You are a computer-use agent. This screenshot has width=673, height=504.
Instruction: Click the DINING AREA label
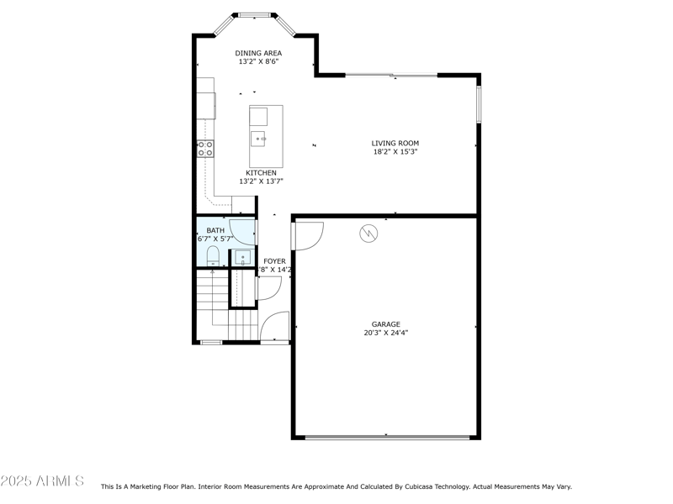[x=258, y=53]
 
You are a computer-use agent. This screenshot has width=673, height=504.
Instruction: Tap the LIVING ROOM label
[x=395, y=143]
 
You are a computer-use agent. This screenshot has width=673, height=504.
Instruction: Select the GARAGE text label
[x=386, y=324]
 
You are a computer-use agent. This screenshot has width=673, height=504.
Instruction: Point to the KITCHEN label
[x=261, y=173]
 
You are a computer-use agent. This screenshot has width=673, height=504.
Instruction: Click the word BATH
[x=215, y=230]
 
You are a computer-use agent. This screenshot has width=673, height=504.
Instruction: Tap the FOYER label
[x=274, y=261]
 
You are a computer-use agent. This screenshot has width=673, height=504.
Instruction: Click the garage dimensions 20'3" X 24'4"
[x=386, y=333]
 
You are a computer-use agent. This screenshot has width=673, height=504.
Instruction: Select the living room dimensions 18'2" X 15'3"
[x=395, y=152]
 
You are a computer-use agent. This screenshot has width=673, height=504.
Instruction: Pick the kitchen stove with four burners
[x=204, y=149]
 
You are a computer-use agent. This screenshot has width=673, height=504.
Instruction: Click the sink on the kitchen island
[x=262, y=138]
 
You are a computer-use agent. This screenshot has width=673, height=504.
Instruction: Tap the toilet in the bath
[x=212, y=255]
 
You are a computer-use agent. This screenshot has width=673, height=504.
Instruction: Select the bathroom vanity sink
[x=242, y=257]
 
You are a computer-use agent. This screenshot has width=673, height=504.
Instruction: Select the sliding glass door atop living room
[x=391, y=76]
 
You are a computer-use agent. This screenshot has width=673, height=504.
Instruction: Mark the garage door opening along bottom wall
[x=386, y=436]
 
